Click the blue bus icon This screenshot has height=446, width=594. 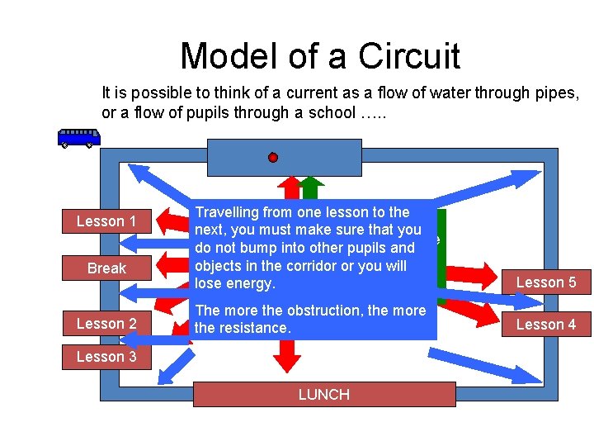[79, 138]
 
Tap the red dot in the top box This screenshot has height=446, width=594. [273, 157]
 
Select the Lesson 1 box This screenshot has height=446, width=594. [106, 221]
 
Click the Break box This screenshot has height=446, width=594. [106, 268]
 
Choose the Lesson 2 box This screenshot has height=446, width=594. [106, 324]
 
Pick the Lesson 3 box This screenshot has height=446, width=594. [106, 357]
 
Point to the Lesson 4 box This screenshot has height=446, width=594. [546, 325]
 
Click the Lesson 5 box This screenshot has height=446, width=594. [546, 282]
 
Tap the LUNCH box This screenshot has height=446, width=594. [324, 395]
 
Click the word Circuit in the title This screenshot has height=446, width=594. [408, 56]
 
